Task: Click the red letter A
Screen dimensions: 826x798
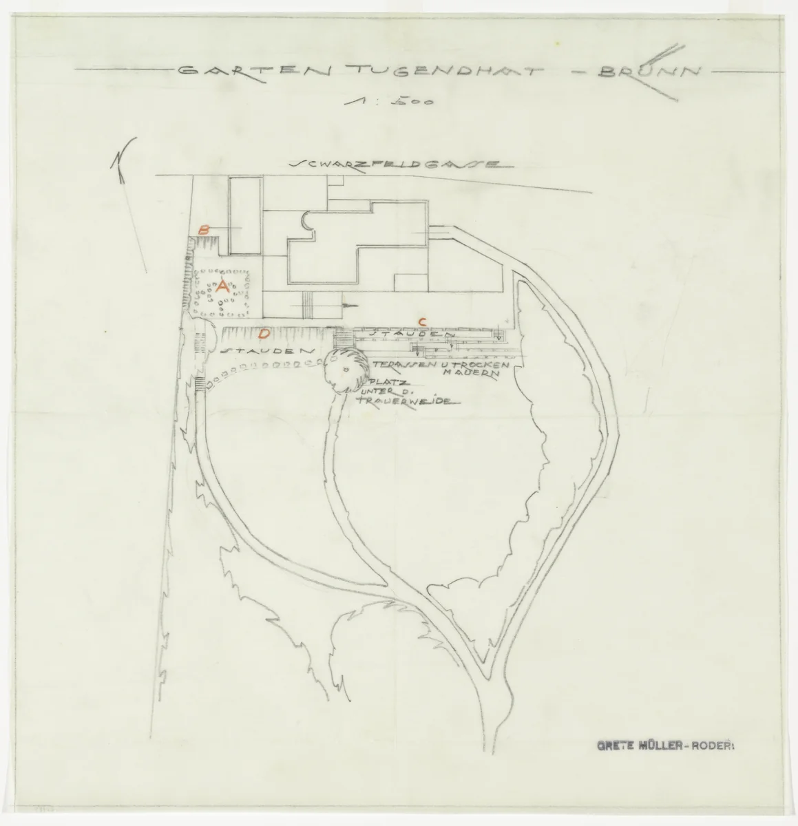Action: (x=222, y=288)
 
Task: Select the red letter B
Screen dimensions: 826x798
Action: (x=203, y=231)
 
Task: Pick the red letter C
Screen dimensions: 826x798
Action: (x=423, y=321)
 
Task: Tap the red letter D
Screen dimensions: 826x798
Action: (x=262, y=335)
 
